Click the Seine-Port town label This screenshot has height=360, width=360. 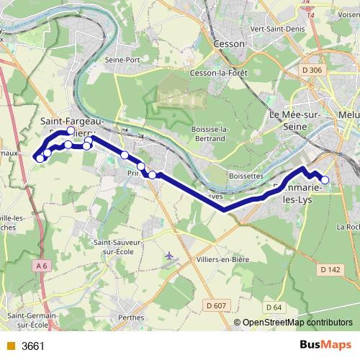(x=120, y=60)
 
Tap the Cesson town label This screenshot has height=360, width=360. (x=230, y=43)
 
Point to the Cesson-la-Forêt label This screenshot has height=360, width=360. (x=219, y=73)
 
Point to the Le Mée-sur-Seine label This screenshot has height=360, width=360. (x=294, y=120)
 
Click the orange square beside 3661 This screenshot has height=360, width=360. (x=10, y=346)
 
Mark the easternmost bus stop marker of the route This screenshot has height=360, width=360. (x=325, y=180)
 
